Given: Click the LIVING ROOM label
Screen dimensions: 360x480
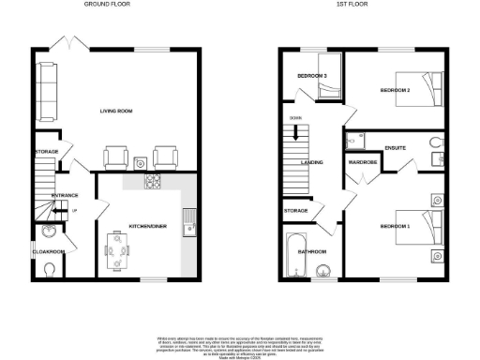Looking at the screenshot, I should pos(116,112).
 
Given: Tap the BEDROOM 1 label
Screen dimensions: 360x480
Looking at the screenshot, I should pos(395,227).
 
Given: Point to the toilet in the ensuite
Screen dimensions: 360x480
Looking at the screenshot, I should pos(433,141).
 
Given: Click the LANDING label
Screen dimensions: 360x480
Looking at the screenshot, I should pos(312,162).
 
